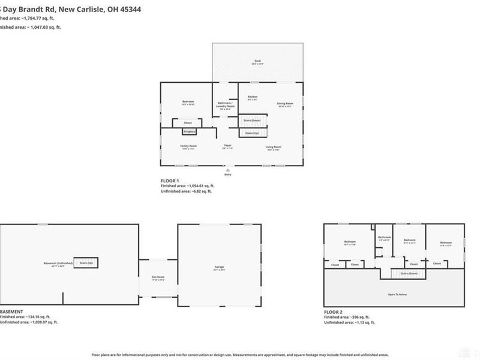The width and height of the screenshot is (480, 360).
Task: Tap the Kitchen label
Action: [253, 98]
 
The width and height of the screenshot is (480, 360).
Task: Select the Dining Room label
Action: [284, 105]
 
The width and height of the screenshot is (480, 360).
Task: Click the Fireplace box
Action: [190, 131]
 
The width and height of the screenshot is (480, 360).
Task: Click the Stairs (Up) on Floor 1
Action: [253, 133]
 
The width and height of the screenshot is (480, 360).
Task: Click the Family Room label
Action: [189, 146]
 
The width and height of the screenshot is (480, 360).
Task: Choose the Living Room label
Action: [274, 147]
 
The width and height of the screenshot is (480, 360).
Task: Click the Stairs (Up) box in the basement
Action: [85, 262]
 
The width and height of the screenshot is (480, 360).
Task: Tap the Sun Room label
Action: [157, 278]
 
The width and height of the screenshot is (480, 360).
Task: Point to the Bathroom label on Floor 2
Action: [385, 238]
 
